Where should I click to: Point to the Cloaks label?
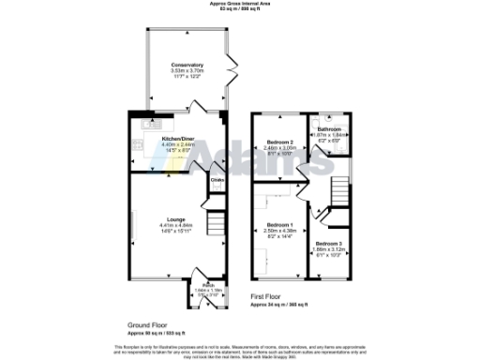click(216, 179)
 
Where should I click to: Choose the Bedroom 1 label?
click(279, 225)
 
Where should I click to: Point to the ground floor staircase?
click(214, 225)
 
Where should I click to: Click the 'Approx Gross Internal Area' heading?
click(240, 4)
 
